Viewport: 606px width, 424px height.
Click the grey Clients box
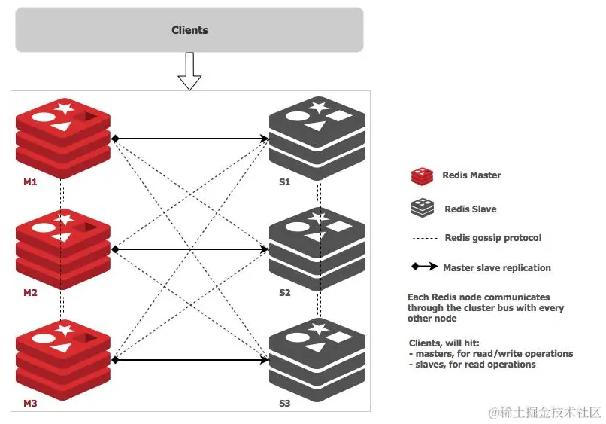[x=189, y=30]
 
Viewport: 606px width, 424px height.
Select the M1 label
[x=30, y=182]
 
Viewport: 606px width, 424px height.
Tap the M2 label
[x=30, y=293]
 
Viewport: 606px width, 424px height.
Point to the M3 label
[x=30, y=404]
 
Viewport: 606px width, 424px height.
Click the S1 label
[x=284, y=182]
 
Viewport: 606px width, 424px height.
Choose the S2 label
[x=284, y=293]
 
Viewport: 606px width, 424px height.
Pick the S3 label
[x=284, y=404]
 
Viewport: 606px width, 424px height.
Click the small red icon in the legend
[x=421, y=175]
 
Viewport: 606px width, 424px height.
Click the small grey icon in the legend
[x=421, y=209]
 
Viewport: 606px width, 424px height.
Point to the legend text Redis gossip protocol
[x=492, y=238]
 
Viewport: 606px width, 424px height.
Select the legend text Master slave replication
[x=496, y=267]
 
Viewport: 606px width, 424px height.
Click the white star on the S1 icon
[x=319, y=107]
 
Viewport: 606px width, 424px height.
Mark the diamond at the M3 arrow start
[x=115, y=359]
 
